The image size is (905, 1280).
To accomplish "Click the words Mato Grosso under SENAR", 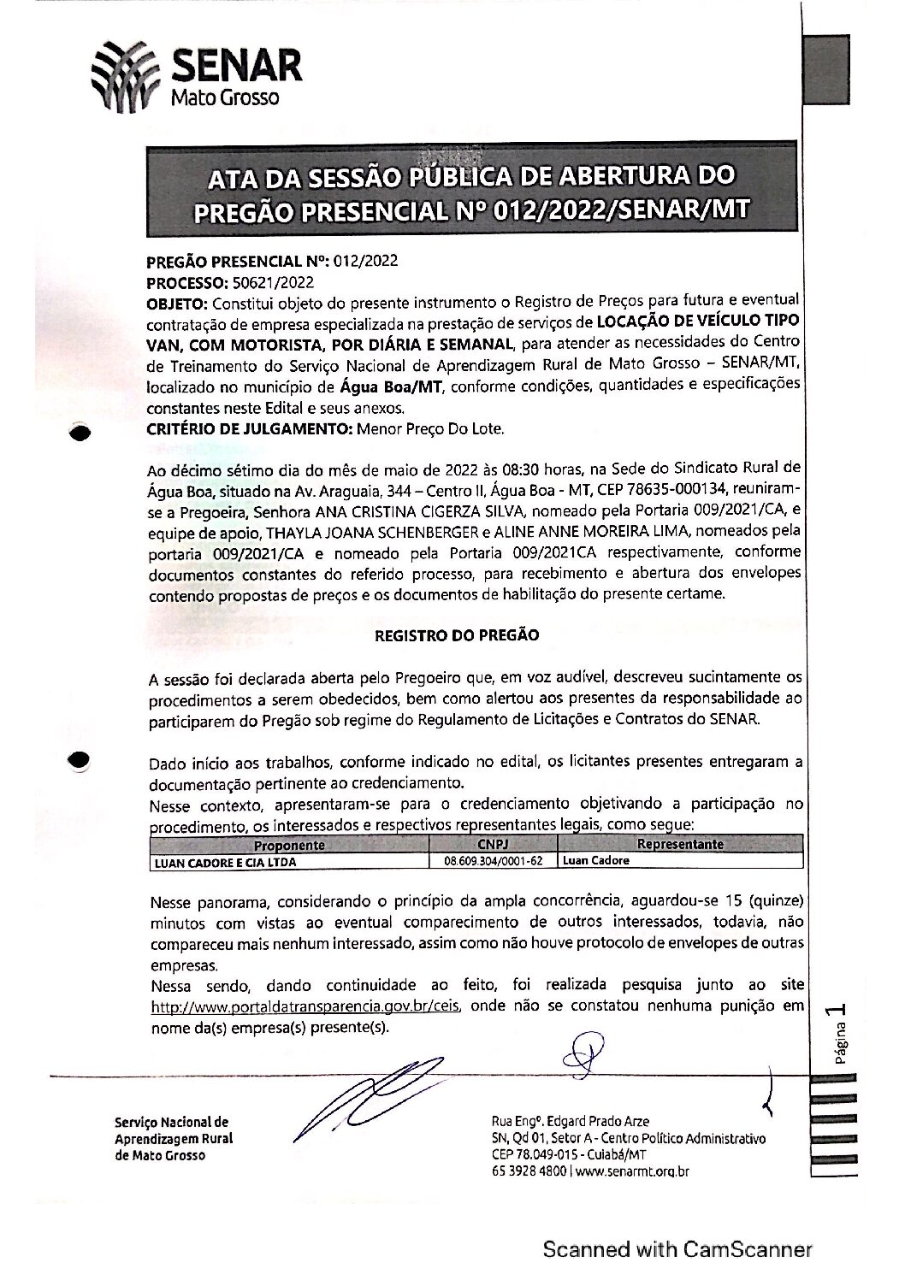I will click(x=226, y=97).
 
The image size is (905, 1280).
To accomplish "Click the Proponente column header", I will click(x=290, y=845).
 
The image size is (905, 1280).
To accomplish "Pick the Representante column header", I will click(x=680, y=845).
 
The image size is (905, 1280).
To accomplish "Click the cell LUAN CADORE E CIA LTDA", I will click(x=225, y=861).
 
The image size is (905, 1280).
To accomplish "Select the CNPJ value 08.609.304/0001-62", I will click(x=494, y=861).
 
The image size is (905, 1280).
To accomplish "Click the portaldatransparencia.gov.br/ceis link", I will click(x=306, y=1006).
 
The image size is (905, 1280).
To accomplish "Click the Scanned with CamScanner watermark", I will click(x=677, y=1249).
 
